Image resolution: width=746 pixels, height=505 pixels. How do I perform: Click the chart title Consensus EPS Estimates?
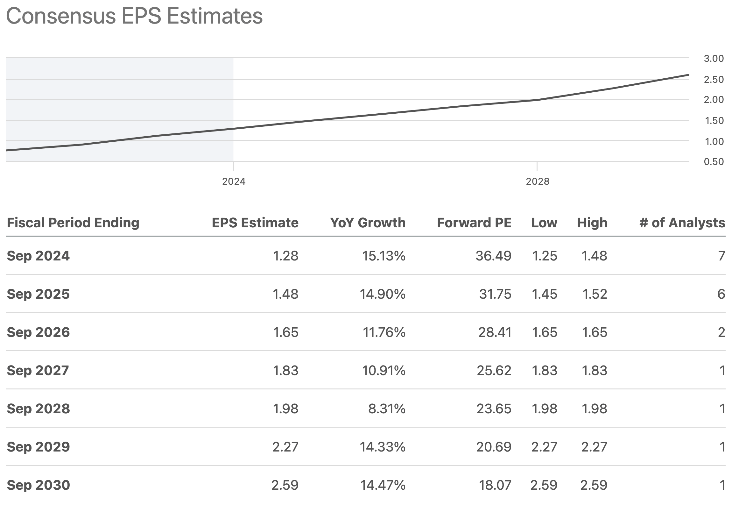click(x=134, y=16)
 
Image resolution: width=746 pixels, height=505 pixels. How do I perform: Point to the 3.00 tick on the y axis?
click(x=713, y=59)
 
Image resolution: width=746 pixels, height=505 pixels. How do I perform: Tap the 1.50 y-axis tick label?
click(x=714, y=121)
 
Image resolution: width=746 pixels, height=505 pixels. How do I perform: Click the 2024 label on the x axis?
click(x=233, y=181)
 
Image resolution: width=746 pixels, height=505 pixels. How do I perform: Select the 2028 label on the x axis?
click(x=537, y=181)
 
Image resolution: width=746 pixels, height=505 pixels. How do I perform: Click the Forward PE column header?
click(x=474, y=223)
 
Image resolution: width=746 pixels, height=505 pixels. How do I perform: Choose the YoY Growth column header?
click(x=368, y=223)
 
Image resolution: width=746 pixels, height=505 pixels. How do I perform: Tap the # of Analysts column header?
click(x=682, y=223)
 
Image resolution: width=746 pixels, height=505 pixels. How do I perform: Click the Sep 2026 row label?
click(x=38, y=332)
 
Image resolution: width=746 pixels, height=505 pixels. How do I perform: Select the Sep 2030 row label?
click(x=38, y=485)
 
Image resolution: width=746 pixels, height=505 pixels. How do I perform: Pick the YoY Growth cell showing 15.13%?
click(x=383, y=256)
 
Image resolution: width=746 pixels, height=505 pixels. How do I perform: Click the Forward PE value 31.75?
click(x=495, y=294)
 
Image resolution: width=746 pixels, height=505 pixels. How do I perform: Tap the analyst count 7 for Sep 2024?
click(x=721, y=256)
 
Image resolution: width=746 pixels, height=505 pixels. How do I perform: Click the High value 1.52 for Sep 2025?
click(x=594, y=294)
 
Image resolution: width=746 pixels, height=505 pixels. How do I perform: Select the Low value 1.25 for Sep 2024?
click(x=544, y=256)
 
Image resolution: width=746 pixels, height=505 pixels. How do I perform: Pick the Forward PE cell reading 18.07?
click(x=495, y=485)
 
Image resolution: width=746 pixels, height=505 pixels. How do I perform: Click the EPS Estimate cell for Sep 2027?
click(x=285, y=371)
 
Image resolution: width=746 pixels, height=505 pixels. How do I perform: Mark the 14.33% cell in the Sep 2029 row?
click(x=382, y=447)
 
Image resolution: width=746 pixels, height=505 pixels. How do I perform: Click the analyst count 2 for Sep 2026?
click(x=721, y=332)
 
